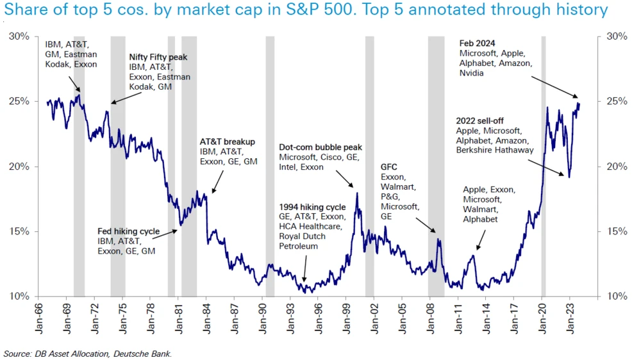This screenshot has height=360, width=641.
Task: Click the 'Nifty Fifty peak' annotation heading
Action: coord(158,57)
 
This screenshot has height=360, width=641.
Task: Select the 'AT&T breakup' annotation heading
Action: coord(227,142)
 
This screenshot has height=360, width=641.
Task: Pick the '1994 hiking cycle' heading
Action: coord(312,207)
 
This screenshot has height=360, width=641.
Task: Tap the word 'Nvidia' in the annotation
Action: coord(471,74)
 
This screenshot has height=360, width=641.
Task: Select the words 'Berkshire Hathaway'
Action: coord(495,151)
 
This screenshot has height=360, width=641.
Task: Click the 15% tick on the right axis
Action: coord(608,231)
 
